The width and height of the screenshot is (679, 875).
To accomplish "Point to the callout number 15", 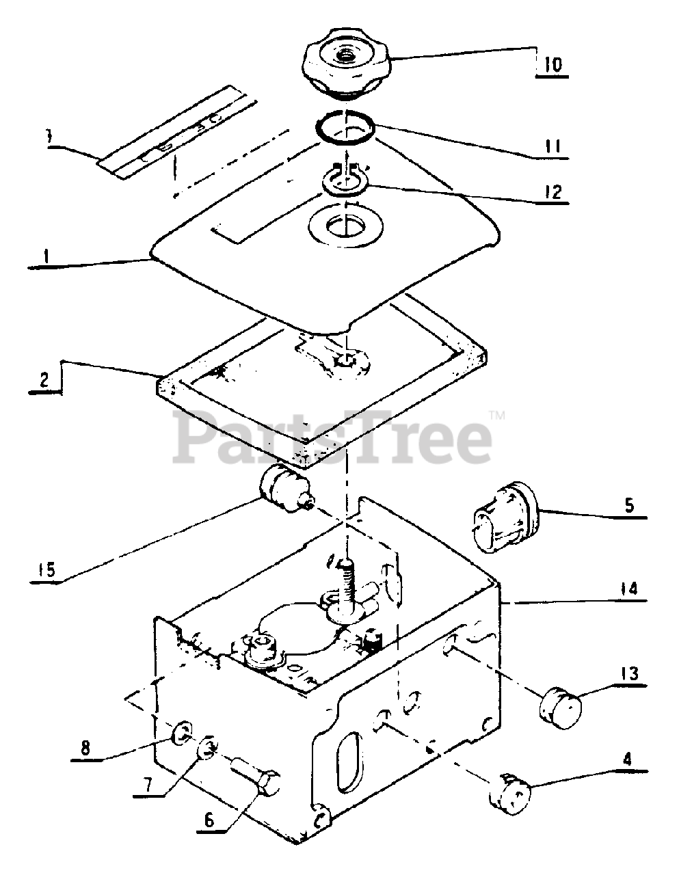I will (47, 569).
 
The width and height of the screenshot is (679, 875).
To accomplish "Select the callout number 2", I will (44, 381).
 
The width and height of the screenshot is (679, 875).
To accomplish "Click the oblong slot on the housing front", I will (349, 764).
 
